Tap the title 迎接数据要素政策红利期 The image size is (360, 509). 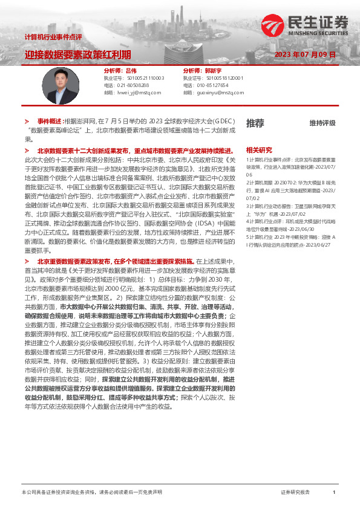click(77, 54)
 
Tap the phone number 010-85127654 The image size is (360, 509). click(213, 85)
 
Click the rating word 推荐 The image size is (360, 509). click(255, 123)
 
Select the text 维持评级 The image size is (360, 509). click(322, 123)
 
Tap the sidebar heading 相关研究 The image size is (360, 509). click(259, 149)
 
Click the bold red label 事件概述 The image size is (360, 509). click(50, 121)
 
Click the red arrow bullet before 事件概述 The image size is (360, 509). click(27, 121)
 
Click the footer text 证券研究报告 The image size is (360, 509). click(295, 492)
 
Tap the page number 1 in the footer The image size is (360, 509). click(334, 492)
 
